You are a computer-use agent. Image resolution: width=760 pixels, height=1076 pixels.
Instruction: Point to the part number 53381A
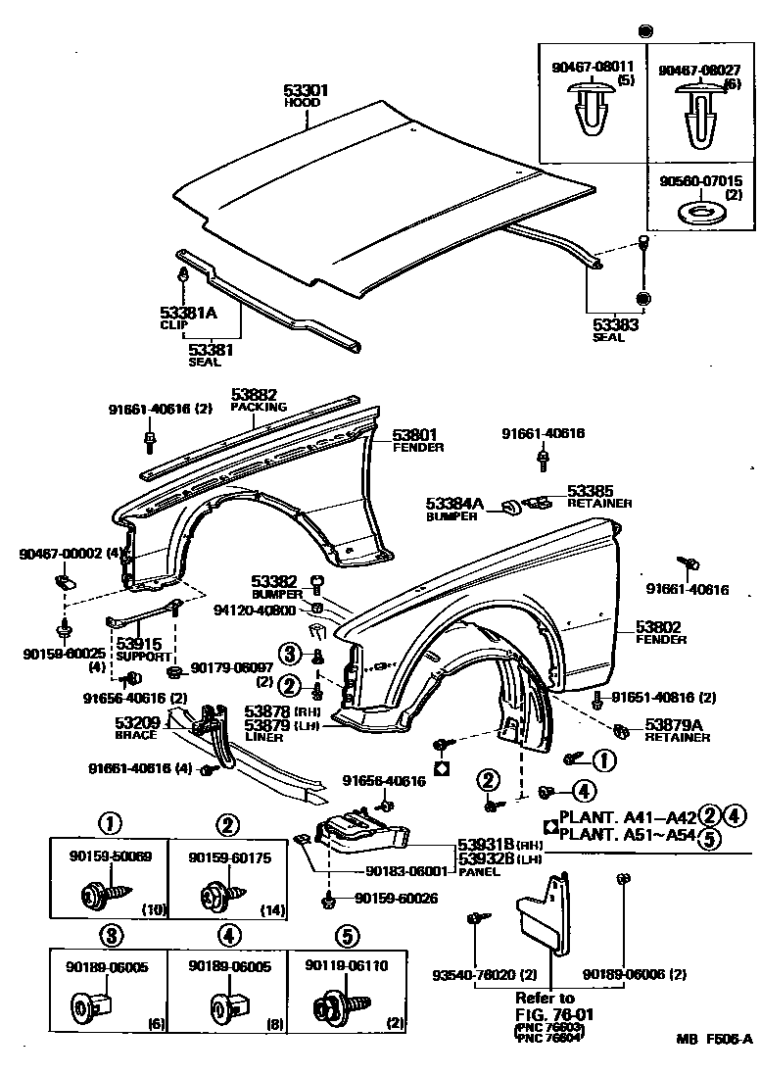187,314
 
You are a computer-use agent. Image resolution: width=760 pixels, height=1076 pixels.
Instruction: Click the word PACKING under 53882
259,406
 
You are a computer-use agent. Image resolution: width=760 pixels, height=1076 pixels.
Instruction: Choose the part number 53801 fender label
415,434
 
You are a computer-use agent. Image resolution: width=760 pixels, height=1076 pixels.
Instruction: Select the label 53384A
454,504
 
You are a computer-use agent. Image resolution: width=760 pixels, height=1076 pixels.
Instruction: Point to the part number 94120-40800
256,610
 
